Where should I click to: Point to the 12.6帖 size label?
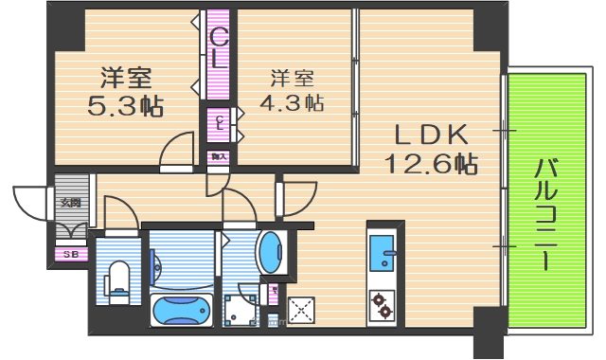[430, 163]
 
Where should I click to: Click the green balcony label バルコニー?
[545, 214]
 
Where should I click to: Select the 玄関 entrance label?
[71, 201]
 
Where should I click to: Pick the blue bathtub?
[182, 310]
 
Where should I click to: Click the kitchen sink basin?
[384, 251]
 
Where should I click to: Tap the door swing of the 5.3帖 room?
[176, 152]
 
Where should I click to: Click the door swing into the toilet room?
[119, 212]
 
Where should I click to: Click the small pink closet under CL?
[219, 122]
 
